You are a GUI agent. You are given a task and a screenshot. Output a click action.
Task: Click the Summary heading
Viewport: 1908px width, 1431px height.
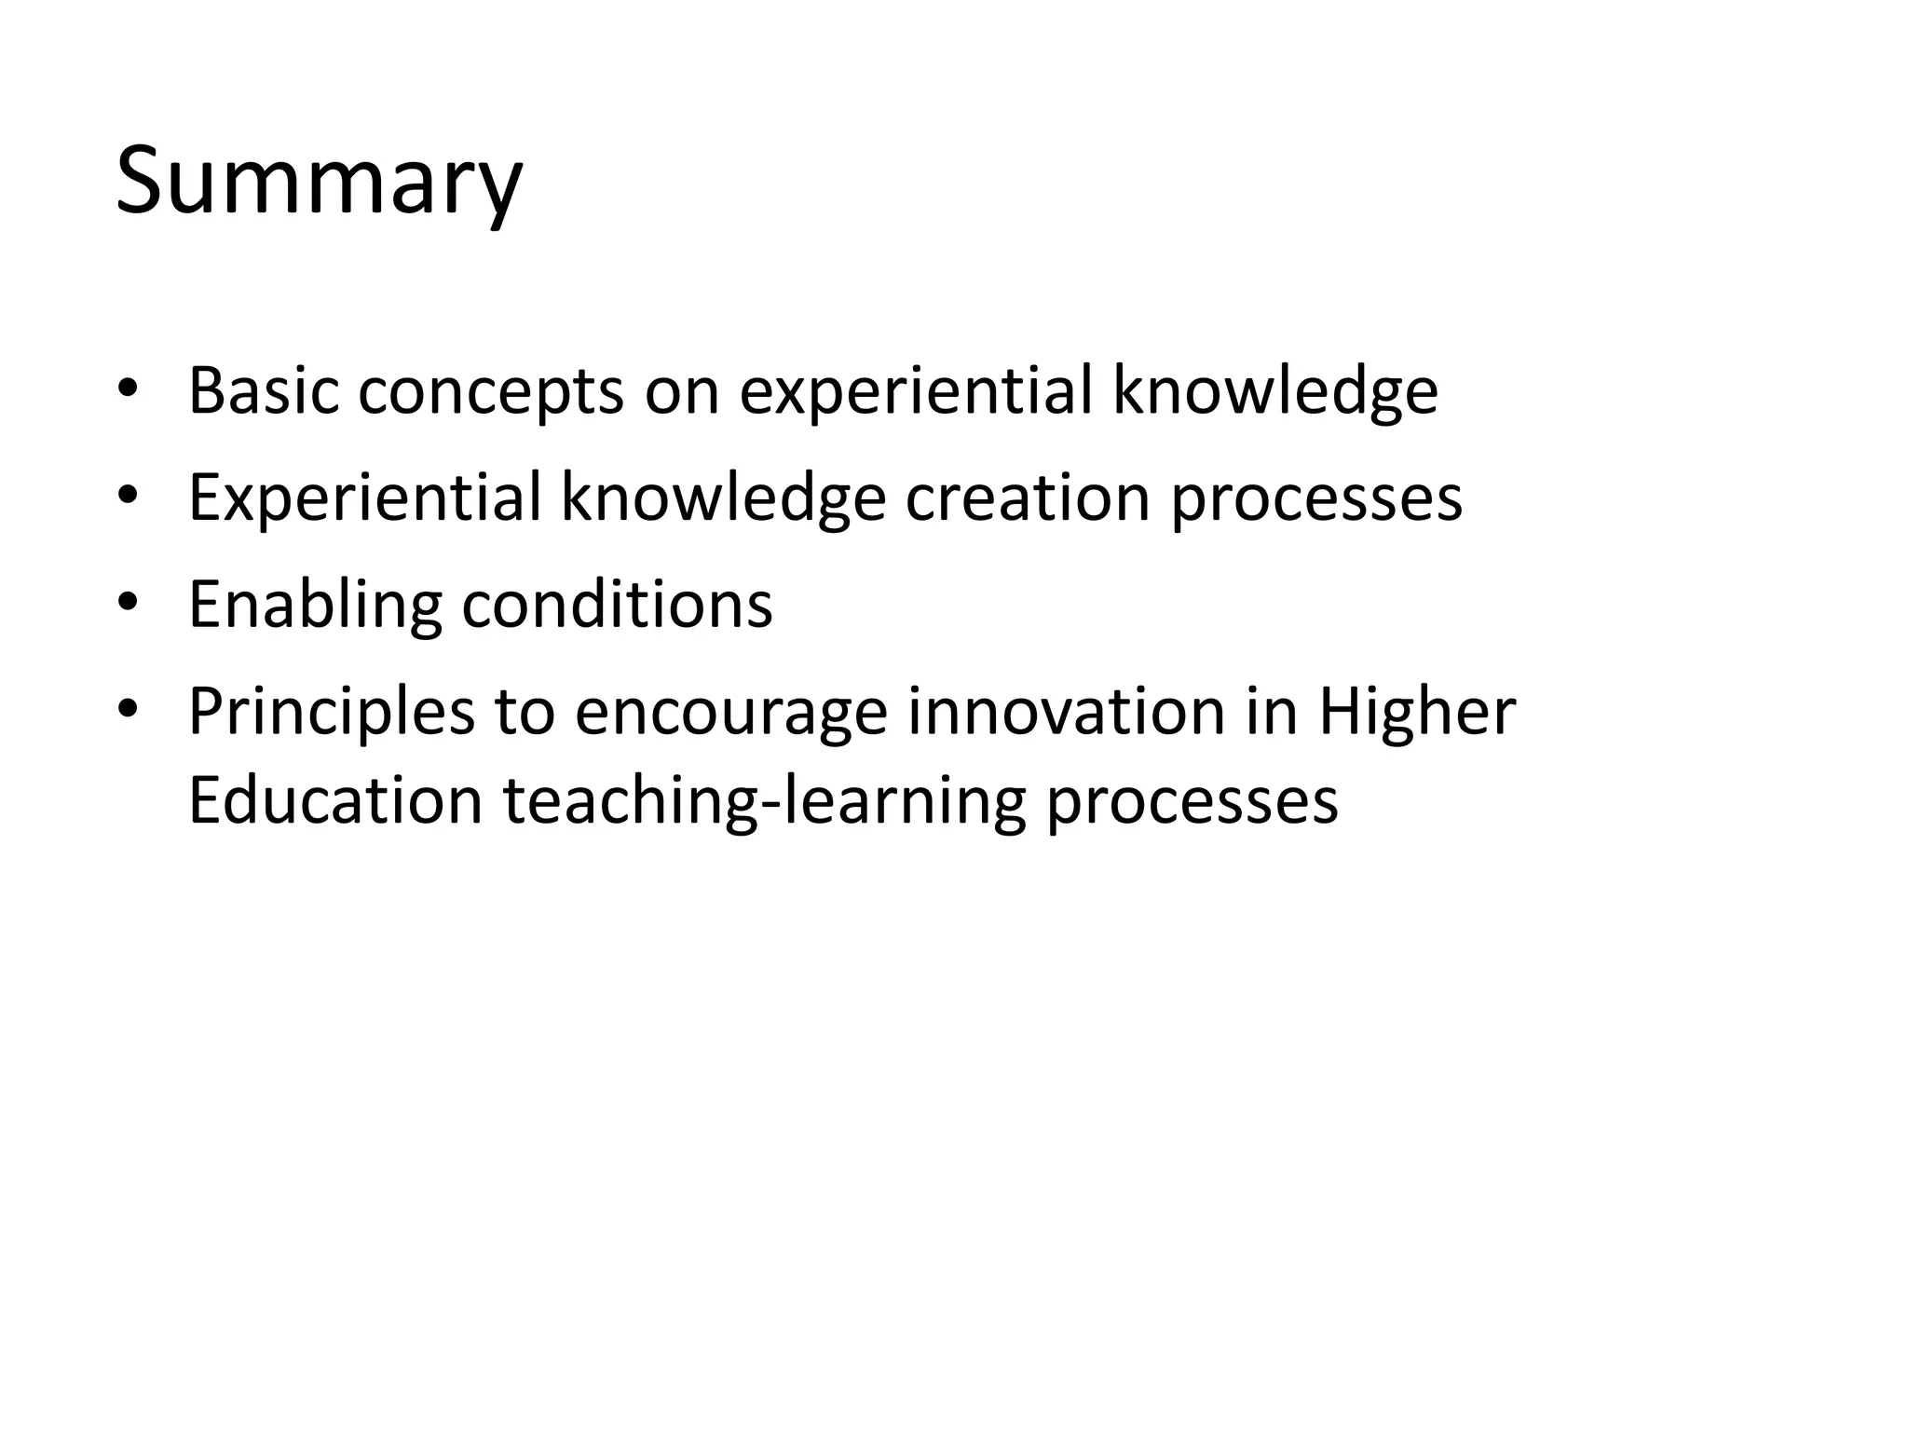[x=319, y=182]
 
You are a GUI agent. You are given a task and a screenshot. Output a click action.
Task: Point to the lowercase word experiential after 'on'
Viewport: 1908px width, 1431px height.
[x=916, y=392]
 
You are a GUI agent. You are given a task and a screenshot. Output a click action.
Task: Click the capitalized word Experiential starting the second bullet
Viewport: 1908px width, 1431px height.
[x=364, y=498]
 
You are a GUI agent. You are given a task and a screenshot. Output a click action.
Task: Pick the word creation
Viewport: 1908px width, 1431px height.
[x=1029, y=497]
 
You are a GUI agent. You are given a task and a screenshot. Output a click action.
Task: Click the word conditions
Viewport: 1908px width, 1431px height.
[x=617, y=604]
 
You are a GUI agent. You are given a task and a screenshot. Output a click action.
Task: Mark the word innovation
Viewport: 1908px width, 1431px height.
[x=1066, y=712]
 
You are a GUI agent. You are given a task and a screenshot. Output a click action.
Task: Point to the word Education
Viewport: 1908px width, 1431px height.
[x=335, y=800]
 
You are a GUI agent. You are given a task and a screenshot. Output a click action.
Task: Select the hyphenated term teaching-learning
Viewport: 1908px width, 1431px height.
[x=764, y=802]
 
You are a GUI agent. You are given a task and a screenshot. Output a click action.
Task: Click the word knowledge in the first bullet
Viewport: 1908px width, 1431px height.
[x=1275, y=392]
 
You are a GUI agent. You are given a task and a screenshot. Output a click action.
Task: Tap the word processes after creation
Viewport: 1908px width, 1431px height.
[x=1316, y=498]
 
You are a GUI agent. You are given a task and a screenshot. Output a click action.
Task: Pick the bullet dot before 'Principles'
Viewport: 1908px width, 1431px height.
[x=128, y=708]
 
